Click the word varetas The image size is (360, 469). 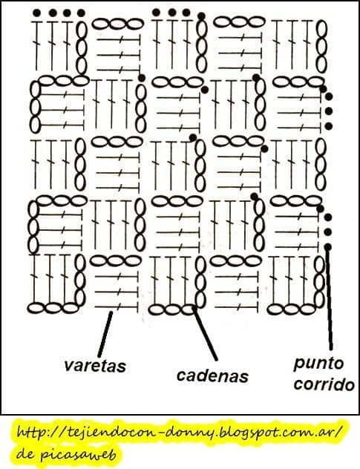(x=94, y=366)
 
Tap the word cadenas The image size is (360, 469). (x=212, y=376)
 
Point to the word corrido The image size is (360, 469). (x=324, y=384)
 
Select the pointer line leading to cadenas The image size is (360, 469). (x=206, y=332)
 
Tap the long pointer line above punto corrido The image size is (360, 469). (x=329, y=299)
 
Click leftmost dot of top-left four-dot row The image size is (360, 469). (x=37, y=13)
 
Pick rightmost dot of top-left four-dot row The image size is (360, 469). (x=81, y=13)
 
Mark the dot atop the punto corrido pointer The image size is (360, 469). (x=328, y=247)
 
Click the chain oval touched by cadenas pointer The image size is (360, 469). (x=189, y=309)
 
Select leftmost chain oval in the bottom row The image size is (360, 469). (x=36, y=308)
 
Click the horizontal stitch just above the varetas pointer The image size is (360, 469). (x=117, y=307)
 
